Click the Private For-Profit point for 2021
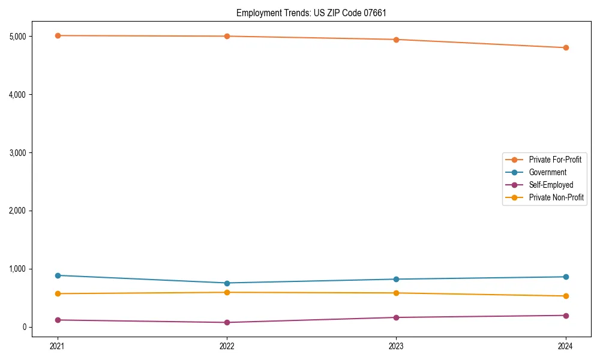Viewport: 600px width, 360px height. (58, 35)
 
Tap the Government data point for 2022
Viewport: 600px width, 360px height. (227, 283)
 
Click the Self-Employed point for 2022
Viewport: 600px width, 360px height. (227, 322)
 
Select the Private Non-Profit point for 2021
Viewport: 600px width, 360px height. (58, 293)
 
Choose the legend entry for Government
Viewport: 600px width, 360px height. (547, 172)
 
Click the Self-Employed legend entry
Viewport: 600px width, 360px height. (551, 185)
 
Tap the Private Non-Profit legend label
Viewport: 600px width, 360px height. (556, 197)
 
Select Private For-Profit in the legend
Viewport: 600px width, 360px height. (554, 160)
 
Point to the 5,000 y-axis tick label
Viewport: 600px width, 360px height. (17, 36)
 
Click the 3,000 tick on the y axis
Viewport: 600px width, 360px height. (17, 152)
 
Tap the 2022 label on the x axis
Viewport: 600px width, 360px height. (227, 346)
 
